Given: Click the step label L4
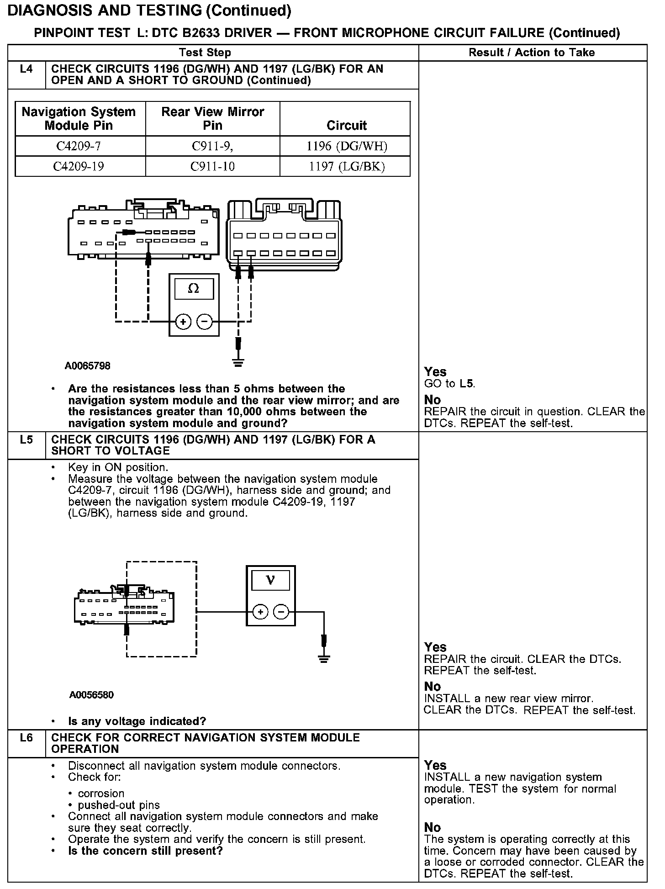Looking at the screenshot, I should pos(26,69).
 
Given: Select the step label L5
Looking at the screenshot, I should pos(26,440).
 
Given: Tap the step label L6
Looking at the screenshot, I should pos(26,738).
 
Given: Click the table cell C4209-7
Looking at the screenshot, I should pos(79,146).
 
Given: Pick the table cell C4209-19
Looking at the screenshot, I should pos(79,166).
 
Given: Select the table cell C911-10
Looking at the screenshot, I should pos(212,166).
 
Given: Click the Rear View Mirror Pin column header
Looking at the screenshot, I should pos(212,118).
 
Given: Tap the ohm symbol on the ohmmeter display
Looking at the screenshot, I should pos(194,289).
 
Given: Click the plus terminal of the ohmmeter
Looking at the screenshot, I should pos(183,322).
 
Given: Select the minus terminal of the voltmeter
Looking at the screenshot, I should pos(282,612).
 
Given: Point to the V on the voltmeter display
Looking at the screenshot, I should pos(270,581).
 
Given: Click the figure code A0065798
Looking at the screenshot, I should pos(87,366).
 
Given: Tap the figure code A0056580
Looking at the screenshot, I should pos(92,695).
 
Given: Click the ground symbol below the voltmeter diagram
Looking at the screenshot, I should pos(324,659).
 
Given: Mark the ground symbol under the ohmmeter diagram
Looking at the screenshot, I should pos(237,364).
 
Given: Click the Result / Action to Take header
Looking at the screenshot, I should pos(532,53).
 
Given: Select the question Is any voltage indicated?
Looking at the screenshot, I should pos(137,721).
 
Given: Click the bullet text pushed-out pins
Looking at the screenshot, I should pos(119,805).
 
